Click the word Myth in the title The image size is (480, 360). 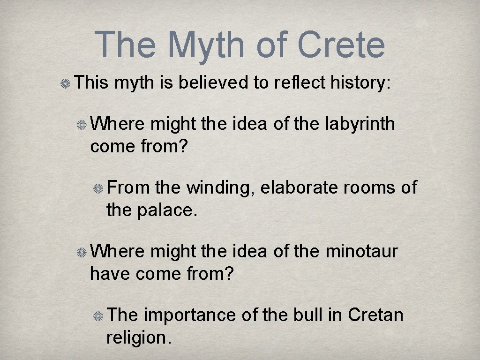click(207, 45)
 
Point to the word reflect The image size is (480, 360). click(300, 83)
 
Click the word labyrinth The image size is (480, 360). click(360, 124)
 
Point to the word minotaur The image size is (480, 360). click(361, 251)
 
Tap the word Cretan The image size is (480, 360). click(375, 315)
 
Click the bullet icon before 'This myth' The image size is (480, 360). click(65, 84)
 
